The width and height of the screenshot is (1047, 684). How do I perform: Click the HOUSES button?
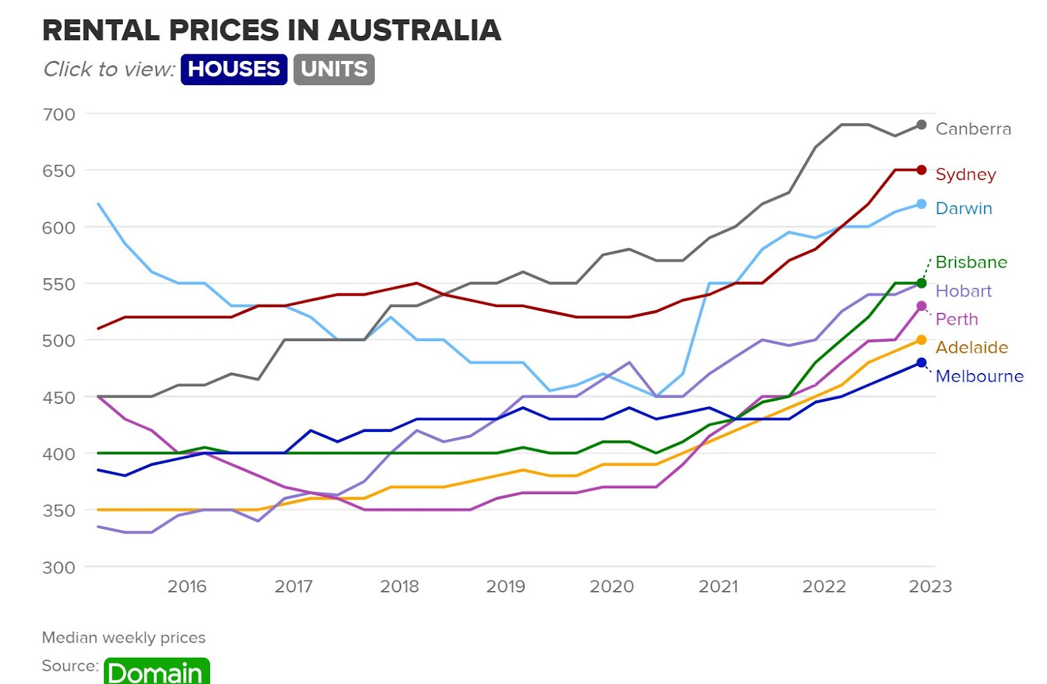click(x=234, y=69)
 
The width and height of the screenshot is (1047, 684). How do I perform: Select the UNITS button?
click(x=334, y=69)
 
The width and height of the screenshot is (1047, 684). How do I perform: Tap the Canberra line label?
click(x=973, y=129)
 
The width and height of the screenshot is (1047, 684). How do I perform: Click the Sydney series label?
click(x=965, y=174)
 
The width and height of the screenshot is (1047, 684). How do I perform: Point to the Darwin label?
click(x=963, y=208)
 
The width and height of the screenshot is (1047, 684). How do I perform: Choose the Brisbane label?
click(x=971, y=262)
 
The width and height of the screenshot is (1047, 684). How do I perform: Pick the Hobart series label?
click(x=963, y=291)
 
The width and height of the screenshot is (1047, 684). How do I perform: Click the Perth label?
click(x=957, y=319)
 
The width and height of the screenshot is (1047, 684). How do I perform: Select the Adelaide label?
click(x=972, y=348)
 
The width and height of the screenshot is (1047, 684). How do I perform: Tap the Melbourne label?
click(x=979, y=376)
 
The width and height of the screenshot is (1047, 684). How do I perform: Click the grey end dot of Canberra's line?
click(x=921, y=124)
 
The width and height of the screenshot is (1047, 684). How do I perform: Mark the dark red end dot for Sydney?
click(x=921, y=170)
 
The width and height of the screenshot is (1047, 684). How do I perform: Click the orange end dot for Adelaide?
click(x=921, y=340)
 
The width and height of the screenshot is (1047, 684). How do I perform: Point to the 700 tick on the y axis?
click(x=59, y=115)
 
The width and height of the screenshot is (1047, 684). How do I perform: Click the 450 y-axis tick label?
click(x=59, y=397)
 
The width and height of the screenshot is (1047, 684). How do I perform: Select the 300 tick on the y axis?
click(x=59, y=567)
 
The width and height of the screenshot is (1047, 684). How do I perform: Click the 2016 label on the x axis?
click(x=187, y=586)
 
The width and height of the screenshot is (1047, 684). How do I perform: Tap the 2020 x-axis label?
click(x=612, y=586)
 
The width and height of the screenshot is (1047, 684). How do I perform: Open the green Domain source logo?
click(x=156, y=672)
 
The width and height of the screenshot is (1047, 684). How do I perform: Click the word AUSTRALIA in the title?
click(x=414, y=30)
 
